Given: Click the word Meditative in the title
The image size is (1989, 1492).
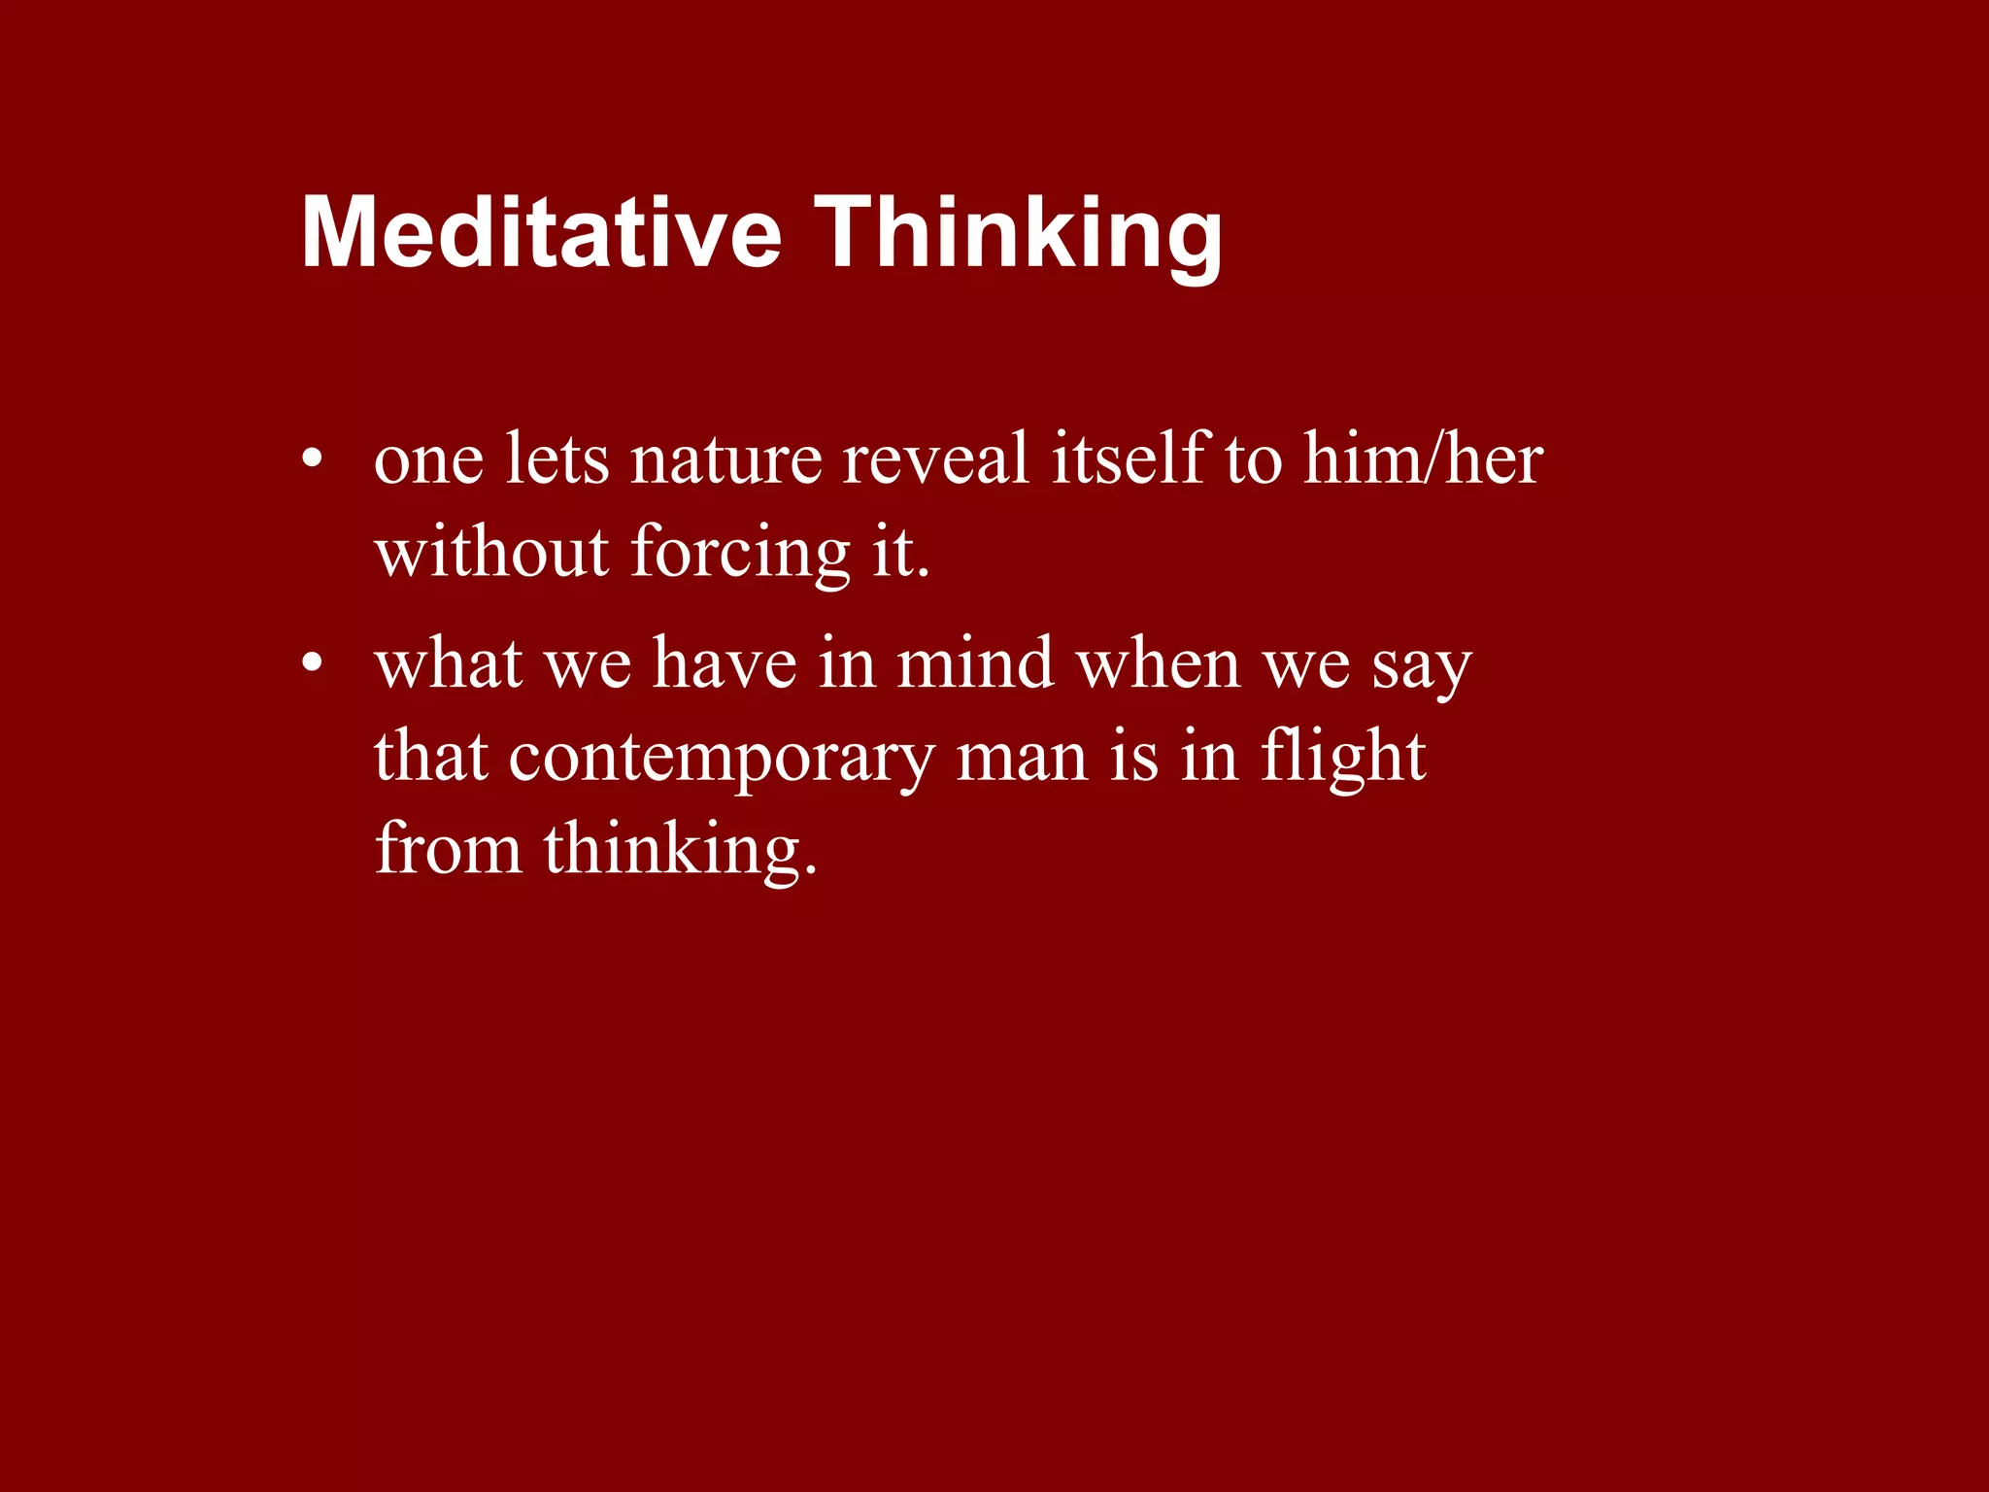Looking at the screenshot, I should coord(541,233).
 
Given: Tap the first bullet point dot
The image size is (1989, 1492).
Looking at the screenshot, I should coord(311,459).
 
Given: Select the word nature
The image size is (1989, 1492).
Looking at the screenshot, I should coord(725,459).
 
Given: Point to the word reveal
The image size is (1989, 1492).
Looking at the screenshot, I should coord(935,459).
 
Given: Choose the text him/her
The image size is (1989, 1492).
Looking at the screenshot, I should coord(1423,459).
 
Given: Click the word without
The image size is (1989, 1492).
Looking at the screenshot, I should coord(491,553).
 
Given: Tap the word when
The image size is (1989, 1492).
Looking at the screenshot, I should coord(1159,665).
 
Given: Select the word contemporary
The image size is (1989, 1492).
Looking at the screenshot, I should coord(721,759).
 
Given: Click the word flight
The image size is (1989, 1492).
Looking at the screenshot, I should coord(1343,759).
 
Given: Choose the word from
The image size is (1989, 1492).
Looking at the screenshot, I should coord(448,850).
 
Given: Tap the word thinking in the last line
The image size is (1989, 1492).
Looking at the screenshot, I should coord(680,850).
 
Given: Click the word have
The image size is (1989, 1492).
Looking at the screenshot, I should coord(725,665).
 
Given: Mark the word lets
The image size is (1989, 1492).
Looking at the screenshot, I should coord(557,459).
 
